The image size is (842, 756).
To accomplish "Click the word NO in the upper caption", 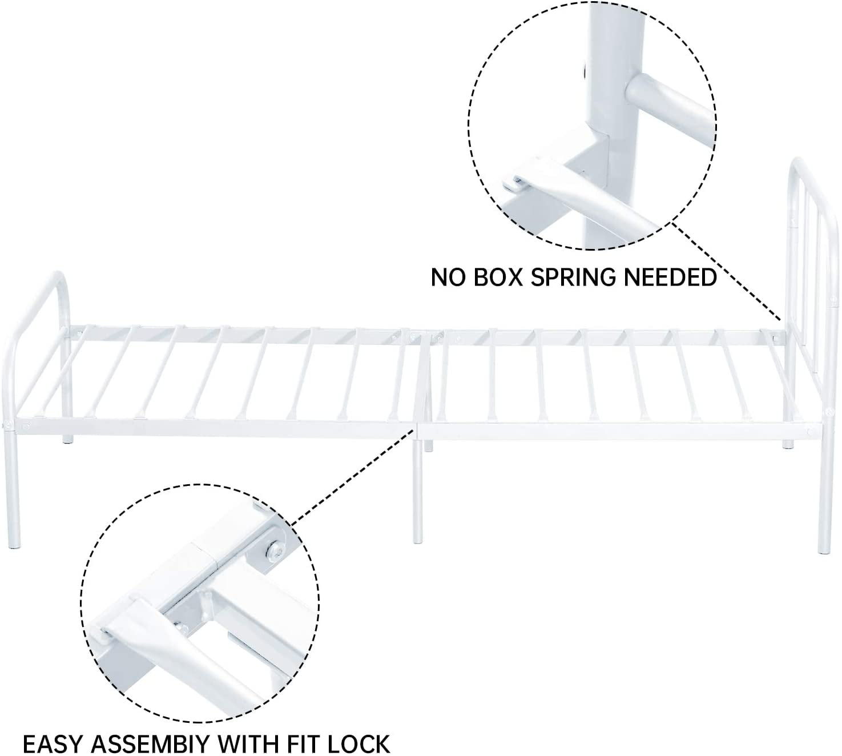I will [446, 278].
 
